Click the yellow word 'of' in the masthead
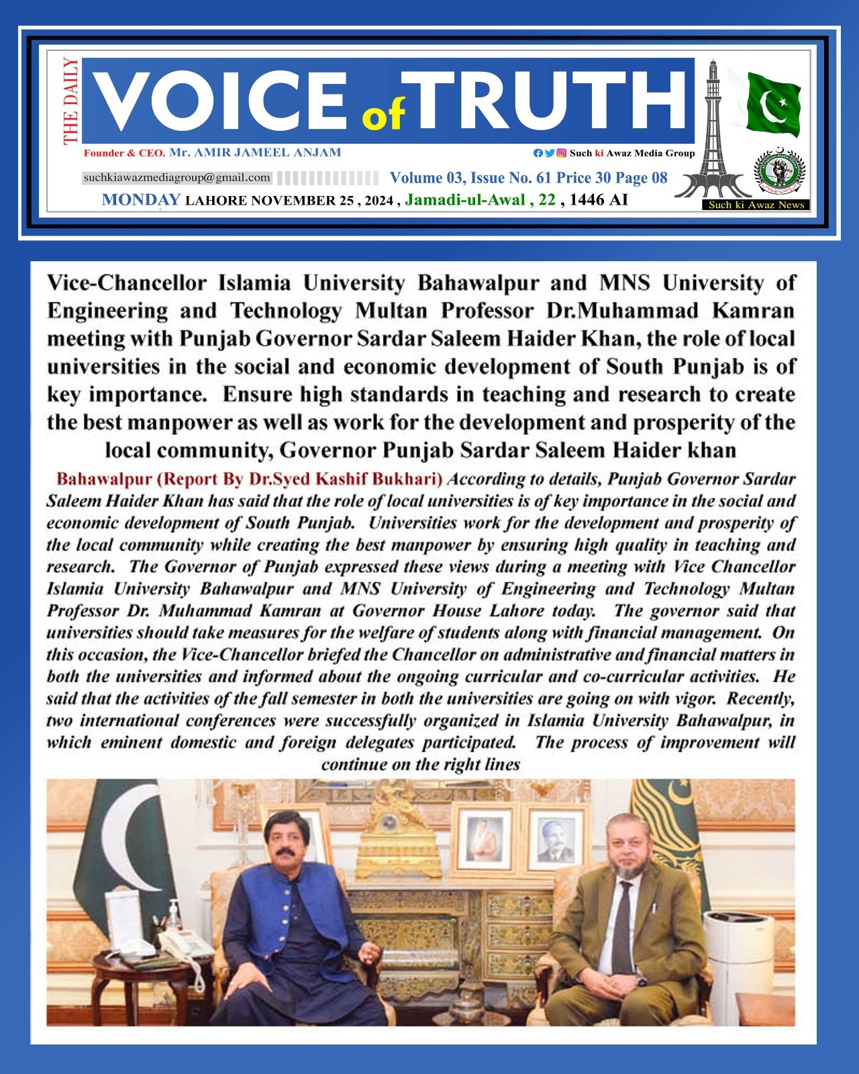[x=383, y=116]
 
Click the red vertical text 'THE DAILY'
[x=70, y=101]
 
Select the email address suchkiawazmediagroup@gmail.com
[x=177, y=178]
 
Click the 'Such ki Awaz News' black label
[x=756, y=205]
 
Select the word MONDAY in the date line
[x=141, y=199]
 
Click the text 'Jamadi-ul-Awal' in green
[x=464, y=199]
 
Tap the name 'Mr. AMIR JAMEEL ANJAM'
[x=255, y=152]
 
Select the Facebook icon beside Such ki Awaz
[x=538, y=153]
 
